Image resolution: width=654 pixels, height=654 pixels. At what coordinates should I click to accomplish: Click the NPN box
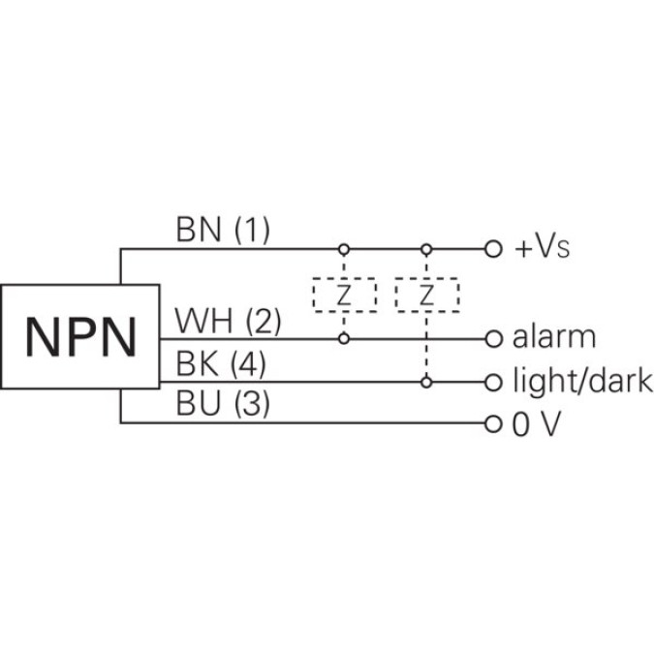pos(79,334)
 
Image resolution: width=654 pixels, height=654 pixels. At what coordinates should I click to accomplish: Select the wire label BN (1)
pos(222,230)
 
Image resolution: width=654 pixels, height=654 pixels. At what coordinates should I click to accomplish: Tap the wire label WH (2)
pos(227,321)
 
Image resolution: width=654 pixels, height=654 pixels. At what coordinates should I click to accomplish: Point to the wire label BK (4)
pos(223,364)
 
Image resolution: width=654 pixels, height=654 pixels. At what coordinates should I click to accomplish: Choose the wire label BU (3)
pos(222,406)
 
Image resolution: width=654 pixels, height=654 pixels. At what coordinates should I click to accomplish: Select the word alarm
pos(554,338)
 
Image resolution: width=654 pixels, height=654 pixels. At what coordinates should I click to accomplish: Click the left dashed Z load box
pos(343,296)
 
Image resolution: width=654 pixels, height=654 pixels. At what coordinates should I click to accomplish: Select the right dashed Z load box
pos(425,296)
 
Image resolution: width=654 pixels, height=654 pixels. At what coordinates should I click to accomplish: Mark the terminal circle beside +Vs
pos(492,249)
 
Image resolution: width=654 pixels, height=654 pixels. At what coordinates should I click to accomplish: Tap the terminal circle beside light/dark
pos(492,382)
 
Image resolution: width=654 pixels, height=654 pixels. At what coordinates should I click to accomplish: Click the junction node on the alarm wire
pos(343,338)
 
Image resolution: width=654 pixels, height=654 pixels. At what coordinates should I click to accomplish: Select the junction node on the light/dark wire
pos(425,382)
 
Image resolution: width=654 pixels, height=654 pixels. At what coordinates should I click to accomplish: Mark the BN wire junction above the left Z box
pos(343,249)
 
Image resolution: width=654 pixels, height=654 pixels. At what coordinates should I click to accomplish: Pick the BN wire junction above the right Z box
pos(425,249)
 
